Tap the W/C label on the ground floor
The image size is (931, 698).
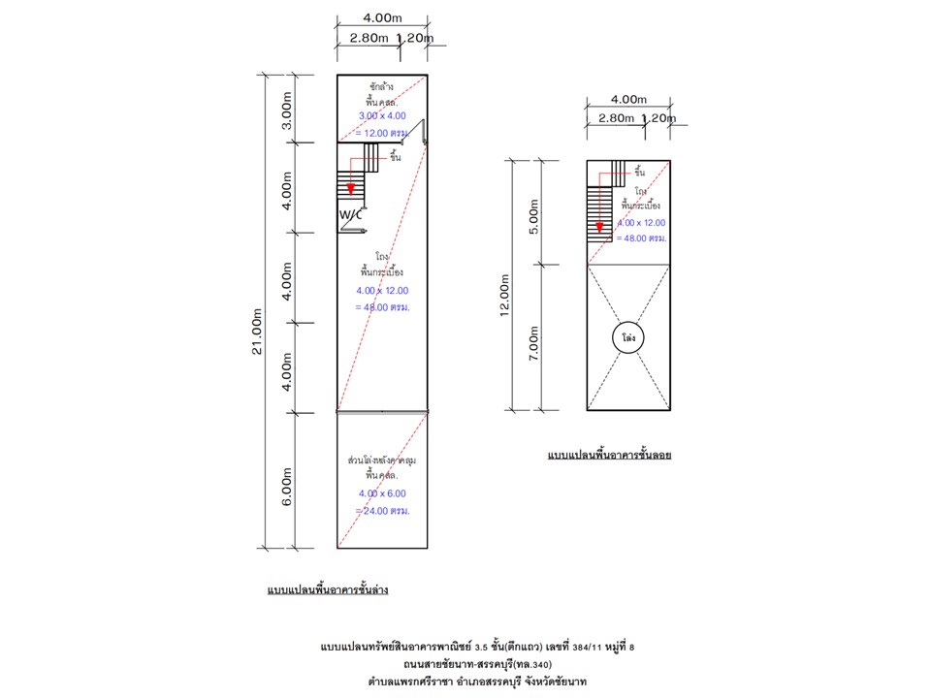click(350, 214)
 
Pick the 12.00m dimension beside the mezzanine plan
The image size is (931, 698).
click(505, 288)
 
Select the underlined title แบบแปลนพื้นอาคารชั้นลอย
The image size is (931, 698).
click(609, 454)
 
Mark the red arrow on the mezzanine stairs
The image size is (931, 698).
click(599, 227)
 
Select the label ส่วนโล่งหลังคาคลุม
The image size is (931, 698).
click(382, 460)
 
